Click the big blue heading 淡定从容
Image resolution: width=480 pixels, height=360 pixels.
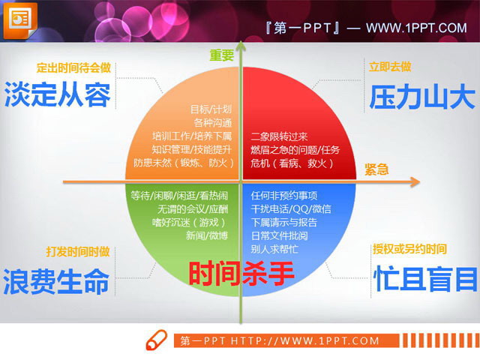(58, 95)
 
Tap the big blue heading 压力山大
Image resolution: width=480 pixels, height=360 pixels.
(422, 97)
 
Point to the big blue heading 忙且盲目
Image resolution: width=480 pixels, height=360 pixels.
(425, 279)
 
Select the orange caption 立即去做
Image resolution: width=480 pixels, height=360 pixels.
(390, 67)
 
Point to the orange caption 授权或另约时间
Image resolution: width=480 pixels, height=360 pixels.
(409, 249)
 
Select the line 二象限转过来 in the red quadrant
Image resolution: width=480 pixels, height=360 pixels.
(279, 136)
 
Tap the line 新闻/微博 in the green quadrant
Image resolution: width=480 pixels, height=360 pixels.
(206, 235)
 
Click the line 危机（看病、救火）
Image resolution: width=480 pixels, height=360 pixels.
(292, 163)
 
